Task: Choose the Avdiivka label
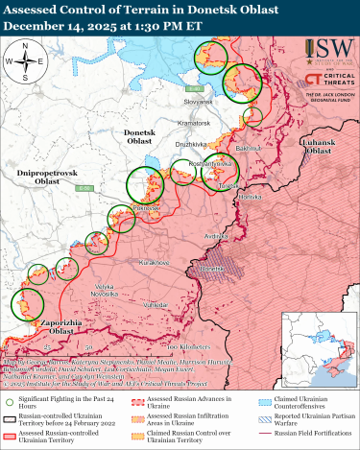click(216, 234)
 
